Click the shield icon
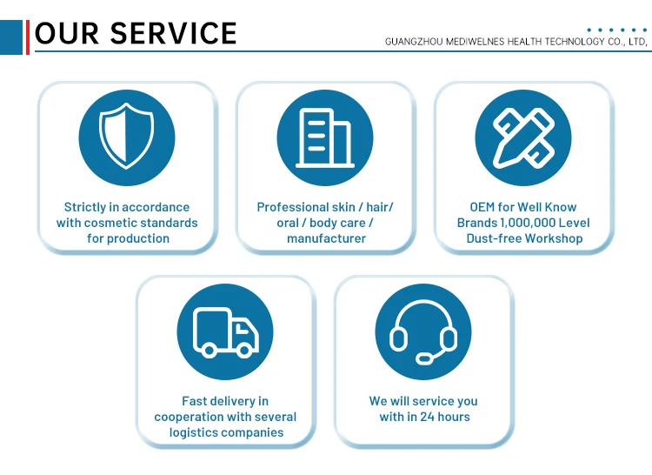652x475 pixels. (x=127, y=137)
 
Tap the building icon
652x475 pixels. (x=325, y=137)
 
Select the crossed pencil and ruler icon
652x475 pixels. (x=523, y=137)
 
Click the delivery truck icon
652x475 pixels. (x=225, y=331)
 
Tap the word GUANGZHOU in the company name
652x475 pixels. (x=414, y=41)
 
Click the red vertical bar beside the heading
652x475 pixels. (x=28, y=35)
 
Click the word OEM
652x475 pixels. (x=482, y=207)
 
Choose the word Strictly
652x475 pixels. (x=85, y=207)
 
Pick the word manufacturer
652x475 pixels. (x=326, y=238)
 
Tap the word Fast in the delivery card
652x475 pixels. (x=195, y=401)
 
